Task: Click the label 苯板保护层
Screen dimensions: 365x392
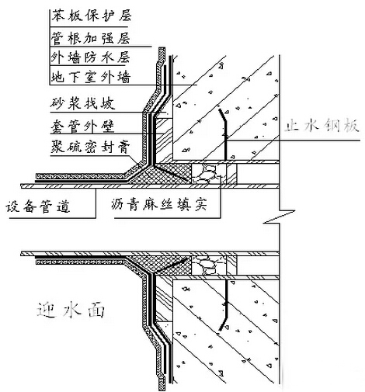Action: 91,16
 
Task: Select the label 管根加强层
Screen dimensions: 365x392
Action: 90,38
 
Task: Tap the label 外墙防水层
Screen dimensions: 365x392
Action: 90,57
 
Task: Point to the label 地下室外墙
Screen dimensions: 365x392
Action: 91,77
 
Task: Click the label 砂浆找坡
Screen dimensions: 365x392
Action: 82,103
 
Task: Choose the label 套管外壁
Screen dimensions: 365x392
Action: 82,127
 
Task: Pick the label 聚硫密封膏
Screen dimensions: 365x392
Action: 90,147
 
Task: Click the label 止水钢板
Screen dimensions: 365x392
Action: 322,126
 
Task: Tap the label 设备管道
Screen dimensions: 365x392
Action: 38,207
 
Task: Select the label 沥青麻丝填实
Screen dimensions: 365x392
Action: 159,205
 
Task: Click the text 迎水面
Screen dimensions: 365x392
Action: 71,310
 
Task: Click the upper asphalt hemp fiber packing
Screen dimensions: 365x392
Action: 208,174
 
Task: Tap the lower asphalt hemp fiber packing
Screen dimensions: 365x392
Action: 208,265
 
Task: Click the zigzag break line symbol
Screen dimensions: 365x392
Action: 280,217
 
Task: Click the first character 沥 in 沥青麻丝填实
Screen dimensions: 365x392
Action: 118,205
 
